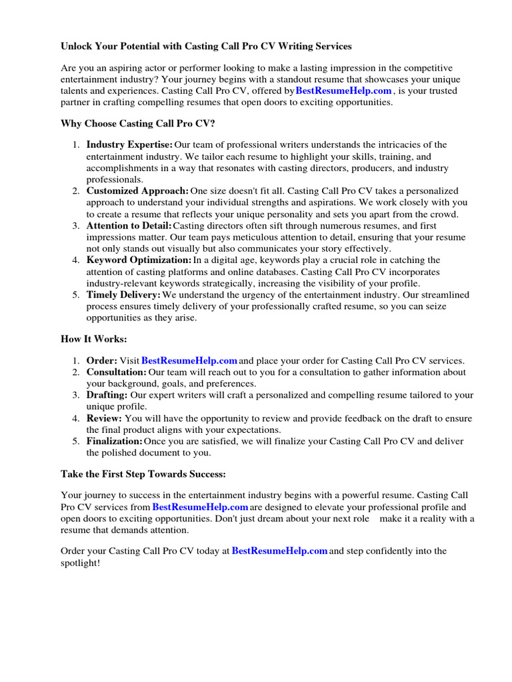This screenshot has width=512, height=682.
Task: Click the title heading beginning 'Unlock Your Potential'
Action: [206, 47]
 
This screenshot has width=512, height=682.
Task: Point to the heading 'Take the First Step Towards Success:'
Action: [143, 474]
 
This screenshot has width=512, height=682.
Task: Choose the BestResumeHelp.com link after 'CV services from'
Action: [200, 507]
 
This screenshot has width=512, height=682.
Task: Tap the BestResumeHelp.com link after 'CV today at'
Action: [279, 551]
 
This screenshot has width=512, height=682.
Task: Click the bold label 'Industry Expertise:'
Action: [129, 145]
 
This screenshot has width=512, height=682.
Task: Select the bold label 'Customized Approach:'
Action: [137, 191]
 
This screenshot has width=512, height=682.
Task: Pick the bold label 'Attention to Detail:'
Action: [129, 226]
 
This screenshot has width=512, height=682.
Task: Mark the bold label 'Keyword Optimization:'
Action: [139, 260]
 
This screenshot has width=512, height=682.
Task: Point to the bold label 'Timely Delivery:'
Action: [123, 295]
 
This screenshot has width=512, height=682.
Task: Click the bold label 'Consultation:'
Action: [116, 372]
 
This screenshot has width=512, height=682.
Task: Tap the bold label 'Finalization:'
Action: [114, 442]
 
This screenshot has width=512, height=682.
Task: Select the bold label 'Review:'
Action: [104, 418]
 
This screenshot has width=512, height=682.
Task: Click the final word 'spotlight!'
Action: [80, 563]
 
